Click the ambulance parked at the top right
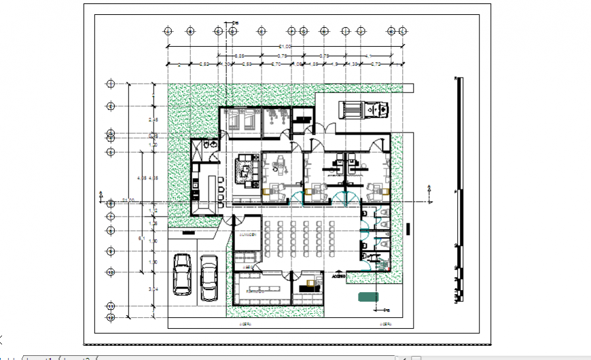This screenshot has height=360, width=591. pyautogui.click(x=363, y=109)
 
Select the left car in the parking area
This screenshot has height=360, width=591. pyautogui.click(x=182, y=274)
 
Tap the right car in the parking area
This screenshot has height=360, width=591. pyautogui.click(x=209, y=276)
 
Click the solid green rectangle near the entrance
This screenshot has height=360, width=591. pyautogui.click(x=369, y=295)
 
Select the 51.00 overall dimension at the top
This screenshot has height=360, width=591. pyautogui.click(x=281, y=46)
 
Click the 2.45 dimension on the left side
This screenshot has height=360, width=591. pyautogui.click(x=154, y=120)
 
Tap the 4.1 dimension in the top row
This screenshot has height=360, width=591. pyautogui.click(x=369, y=56)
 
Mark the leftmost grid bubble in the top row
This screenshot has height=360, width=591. pyautogui.click(x=168, y=31)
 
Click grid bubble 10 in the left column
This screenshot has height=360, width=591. pyautogui.click(x=110, y=272)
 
